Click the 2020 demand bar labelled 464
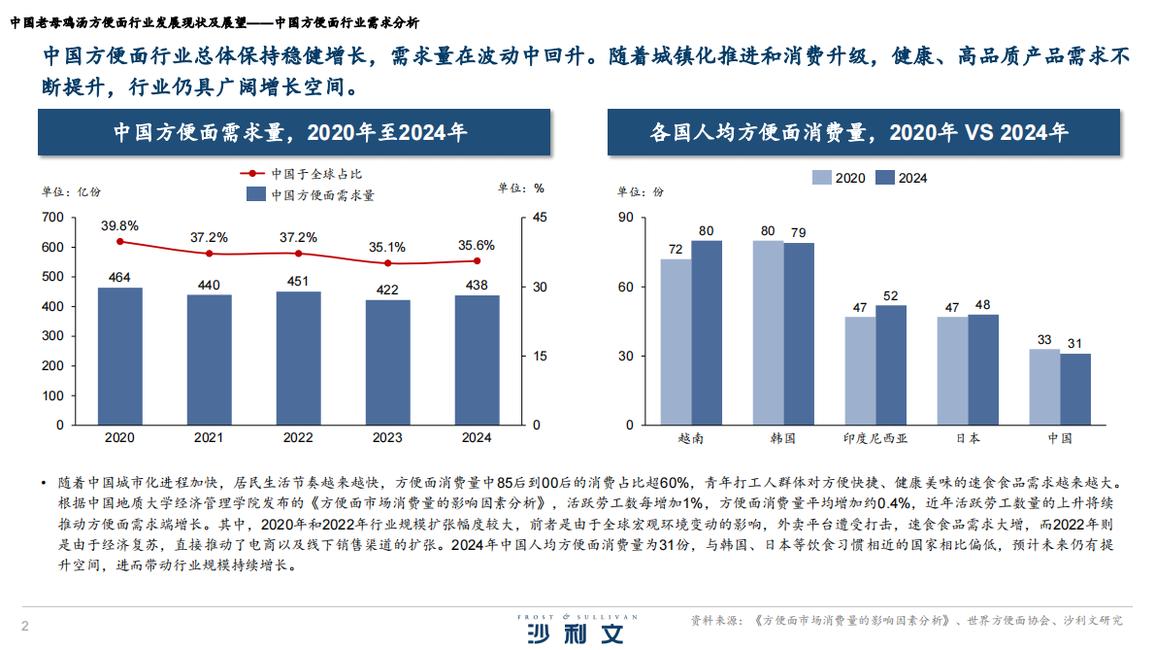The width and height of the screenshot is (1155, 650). coord(119,356)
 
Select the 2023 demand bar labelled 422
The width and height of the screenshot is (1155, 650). coord(387,362)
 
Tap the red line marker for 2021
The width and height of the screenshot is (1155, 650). coord(209,254)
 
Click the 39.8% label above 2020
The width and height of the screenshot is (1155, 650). coord(119,225)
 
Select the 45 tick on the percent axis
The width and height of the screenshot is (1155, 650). coord(539,218)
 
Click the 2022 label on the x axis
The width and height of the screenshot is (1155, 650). coord(298,438)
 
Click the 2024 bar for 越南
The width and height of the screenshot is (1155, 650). coord(707,332)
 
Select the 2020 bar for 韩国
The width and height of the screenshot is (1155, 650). coord(768,332)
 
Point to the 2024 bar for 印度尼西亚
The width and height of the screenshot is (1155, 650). coord(891,364)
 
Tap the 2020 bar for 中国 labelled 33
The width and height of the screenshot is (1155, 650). coord(1044,387)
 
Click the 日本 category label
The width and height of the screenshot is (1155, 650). coord(967,438)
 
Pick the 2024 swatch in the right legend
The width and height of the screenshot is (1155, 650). coord(884,178)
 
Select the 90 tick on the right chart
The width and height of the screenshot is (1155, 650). coord(626,218)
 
